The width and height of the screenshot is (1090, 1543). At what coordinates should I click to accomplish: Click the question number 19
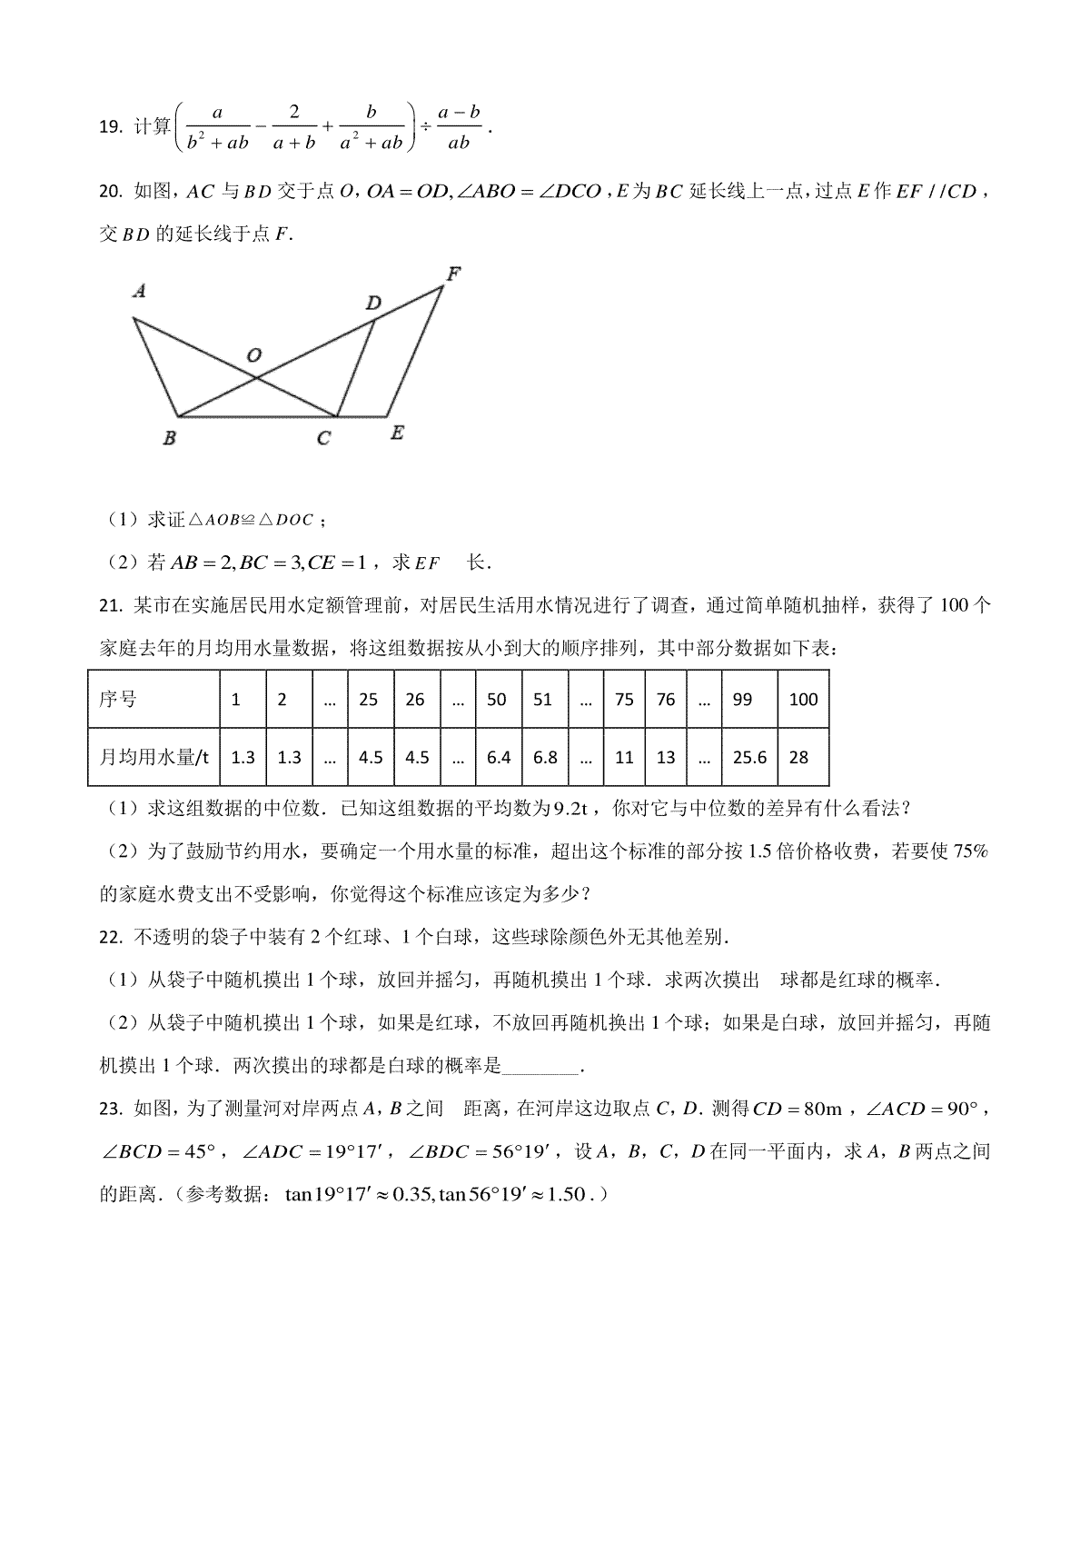coord(109,127)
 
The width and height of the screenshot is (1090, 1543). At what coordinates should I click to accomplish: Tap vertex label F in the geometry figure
coord(454,272)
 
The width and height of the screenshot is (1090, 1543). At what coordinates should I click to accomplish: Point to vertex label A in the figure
coord(139,292)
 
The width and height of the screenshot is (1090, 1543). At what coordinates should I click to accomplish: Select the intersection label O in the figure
coord(254,354)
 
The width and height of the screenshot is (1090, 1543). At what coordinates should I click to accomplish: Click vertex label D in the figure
coord(373,303)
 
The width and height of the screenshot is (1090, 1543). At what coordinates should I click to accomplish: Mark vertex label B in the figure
coord(169,438)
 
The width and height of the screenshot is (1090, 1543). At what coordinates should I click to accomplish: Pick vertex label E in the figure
coord(397,433)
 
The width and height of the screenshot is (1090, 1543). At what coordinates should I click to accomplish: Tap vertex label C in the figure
coord(323,439)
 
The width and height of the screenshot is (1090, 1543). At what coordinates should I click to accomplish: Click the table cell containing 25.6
coord(749,756)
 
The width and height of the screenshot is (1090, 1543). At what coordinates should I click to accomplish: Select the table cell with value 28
coord(798,756)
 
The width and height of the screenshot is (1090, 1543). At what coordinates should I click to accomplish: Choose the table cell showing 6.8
coord(545,756)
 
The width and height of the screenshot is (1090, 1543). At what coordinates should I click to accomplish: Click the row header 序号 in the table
coord(118,700)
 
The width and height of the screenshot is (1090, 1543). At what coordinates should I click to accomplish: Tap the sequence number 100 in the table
coord(803,700)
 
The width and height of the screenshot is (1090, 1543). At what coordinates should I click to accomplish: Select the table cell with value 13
coord(666,756)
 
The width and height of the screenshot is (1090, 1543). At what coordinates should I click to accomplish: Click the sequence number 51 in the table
coord(542,700)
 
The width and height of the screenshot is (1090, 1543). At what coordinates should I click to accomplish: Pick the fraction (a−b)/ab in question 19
coord(459,127)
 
